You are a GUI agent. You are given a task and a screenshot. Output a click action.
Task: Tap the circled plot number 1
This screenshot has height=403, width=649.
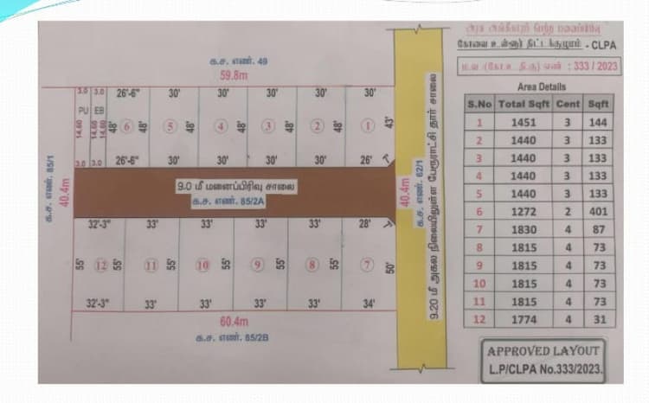point(369,126)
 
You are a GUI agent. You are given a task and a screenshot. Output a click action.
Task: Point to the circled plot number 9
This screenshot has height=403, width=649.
point(257,265)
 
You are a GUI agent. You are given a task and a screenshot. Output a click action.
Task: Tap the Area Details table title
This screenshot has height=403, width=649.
point(541,87)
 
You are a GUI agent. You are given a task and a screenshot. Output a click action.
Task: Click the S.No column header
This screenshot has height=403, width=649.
point(479,105)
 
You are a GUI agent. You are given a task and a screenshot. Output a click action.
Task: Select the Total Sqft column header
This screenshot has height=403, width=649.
point(524,105)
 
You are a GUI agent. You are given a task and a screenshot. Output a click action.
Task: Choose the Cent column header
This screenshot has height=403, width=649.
point(568,105)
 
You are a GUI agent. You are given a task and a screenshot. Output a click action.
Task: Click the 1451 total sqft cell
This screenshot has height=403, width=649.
point(524,123)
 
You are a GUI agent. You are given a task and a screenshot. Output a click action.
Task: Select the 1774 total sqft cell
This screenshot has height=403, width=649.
point(524,319)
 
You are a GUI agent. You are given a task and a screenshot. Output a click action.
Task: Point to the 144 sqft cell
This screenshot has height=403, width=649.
point(598,123)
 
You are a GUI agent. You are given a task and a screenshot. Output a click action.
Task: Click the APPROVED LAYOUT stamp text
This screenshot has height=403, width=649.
point(543,352)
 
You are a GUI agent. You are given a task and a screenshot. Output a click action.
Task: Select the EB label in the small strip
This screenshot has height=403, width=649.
point(99,110)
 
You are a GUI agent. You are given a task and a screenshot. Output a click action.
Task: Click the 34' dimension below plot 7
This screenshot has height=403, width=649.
point(369,304)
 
